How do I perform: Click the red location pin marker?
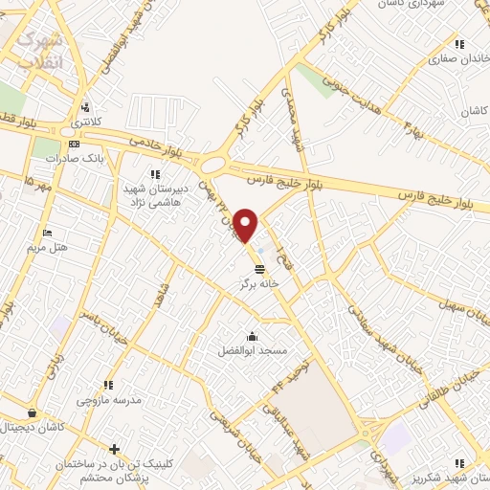pyautogui.click(x=246, y=224)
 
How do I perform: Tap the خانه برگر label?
pyautogui.click(x=260, y=284)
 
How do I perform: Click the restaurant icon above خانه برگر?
pyautogui.click(x=260, y=269)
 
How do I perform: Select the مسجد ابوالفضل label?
pyautogui.click(x=251, y=351)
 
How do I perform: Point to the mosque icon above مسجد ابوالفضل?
pyautogui.click(x=251, y=336)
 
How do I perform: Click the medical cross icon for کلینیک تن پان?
pyautogui.click(x=114, y=449)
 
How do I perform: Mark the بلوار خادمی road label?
pyautogui.click(x=160, y=145)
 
